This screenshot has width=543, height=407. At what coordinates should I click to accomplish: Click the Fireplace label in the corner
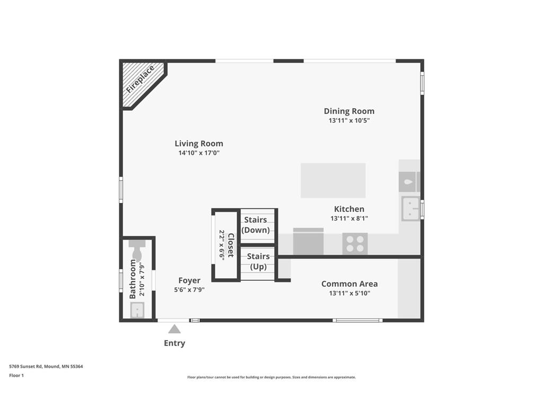(140, 79)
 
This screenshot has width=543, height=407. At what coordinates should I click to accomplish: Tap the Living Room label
(199, 144)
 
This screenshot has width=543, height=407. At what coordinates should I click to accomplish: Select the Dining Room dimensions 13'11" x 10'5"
(349, 120)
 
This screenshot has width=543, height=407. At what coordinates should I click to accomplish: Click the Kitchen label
(349, 209)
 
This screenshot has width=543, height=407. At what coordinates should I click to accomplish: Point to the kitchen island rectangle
(333, 180)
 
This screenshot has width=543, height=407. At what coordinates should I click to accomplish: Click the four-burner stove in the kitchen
(355, 244)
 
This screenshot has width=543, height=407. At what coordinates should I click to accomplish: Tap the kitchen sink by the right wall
(411, 208)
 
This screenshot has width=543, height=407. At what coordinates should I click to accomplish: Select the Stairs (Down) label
(256, 225)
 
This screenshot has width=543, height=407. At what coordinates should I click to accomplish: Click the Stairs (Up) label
(258, 261)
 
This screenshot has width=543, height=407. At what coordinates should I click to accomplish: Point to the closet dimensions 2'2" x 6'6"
(222, 245)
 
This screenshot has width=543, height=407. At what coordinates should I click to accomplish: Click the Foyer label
(189, 281)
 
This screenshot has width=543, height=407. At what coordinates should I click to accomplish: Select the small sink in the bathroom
(137, 309)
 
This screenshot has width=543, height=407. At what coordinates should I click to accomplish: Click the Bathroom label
(133, 279)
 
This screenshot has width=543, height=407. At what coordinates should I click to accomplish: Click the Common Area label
(349, 284)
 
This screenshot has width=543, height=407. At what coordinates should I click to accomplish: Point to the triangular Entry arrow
(174, 329)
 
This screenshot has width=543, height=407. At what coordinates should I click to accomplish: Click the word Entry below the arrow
(174, 343)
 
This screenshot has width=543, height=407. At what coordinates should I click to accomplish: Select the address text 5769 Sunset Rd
(25, 367)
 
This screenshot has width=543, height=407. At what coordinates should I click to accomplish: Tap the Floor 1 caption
(16, 376)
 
